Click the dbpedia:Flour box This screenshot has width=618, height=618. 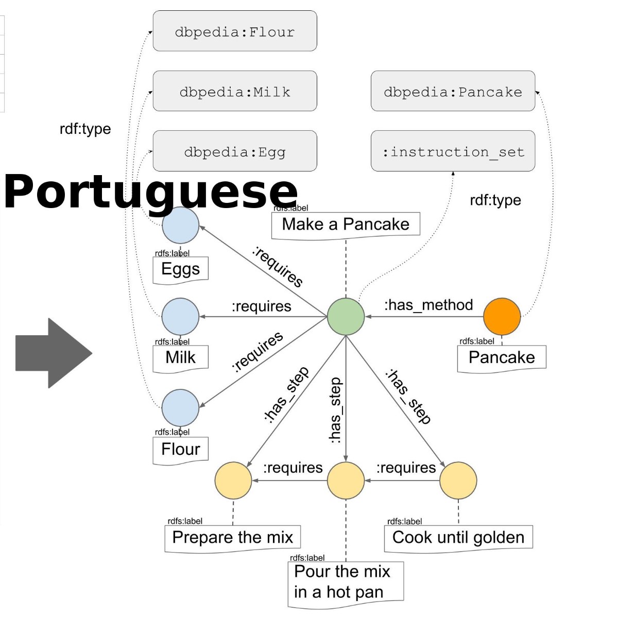[x=235, y=31]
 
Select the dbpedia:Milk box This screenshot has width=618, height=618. [x=235, y=92]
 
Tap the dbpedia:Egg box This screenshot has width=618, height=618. [x=235, y=151]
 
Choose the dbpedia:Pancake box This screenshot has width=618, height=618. [x=453, y=92]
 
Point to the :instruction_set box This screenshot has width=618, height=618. [x=453, y=151]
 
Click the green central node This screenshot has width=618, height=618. [x=346, y=316]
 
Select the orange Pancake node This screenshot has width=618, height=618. [x=502, y=316]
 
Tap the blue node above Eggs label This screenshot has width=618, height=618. [x=180, y=225]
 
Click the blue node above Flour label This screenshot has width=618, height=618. [x=180, y=407]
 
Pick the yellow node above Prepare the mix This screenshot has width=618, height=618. [x=233, y=480]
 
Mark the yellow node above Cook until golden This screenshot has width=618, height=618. [x=458, y=480]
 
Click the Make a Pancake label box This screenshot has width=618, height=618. [x=346, y=225]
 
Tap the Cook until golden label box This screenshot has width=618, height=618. [x=458, y=538]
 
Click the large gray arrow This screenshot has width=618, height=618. [x=54, y=353]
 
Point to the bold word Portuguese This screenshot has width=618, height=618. [x=150, y=191]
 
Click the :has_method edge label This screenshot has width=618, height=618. [x=428, y=305]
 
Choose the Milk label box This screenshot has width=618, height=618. [x=180, y=357]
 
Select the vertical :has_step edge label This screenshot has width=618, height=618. [x=335, y=410]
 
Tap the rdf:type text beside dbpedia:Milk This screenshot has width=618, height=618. [x=85, y=128]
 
